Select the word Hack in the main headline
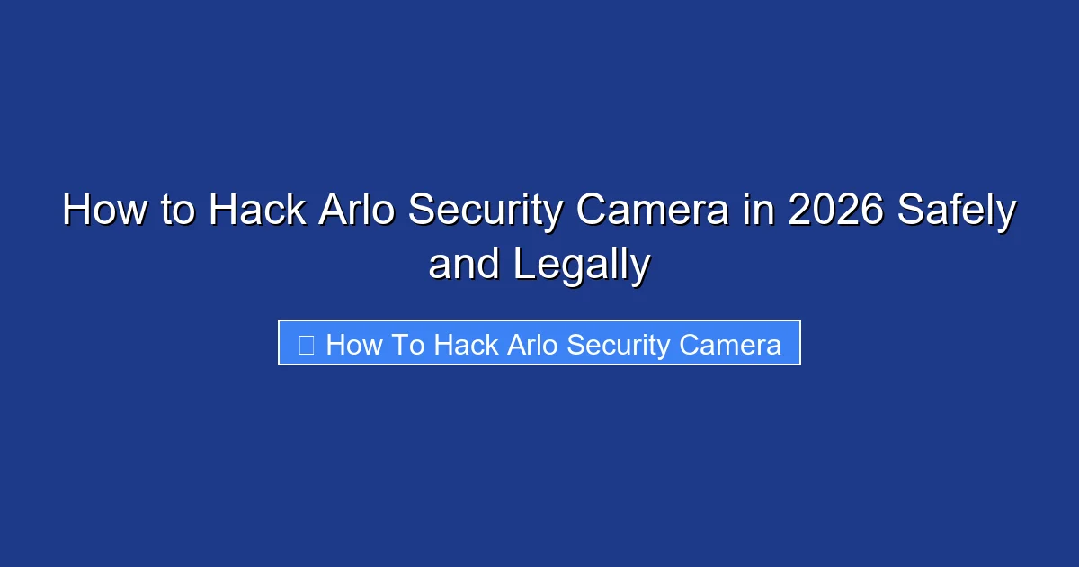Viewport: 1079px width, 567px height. [256, 211]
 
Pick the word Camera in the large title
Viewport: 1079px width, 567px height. [654, 211]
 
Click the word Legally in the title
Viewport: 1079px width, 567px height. [582, 265]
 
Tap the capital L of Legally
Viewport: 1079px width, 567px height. [524, 265]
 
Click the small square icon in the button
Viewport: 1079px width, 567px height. [306, 345]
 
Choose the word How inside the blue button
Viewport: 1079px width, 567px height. [353, 345]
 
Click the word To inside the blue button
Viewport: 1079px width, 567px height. [406, 345]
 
